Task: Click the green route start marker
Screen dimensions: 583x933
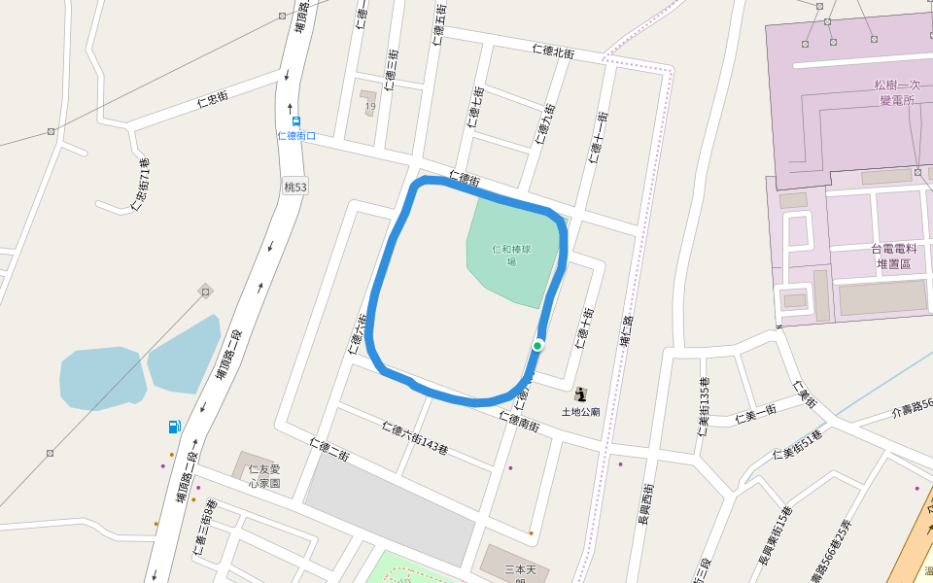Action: coord(537,345)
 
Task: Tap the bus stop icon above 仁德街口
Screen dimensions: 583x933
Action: coord(296,121)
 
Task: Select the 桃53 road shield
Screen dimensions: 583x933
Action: coord(295,186)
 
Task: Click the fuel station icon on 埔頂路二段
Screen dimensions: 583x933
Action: coord(174,426)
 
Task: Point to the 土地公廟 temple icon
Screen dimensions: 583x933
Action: coord(581,394)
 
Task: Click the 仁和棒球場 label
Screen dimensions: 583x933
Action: coord(511,255)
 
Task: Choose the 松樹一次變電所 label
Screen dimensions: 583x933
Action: coord(893,92)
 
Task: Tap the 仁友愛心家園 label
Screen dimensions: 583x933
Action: coord(263,475)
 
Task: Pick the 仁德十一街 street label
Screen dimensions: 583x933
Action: coord(598,138)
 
